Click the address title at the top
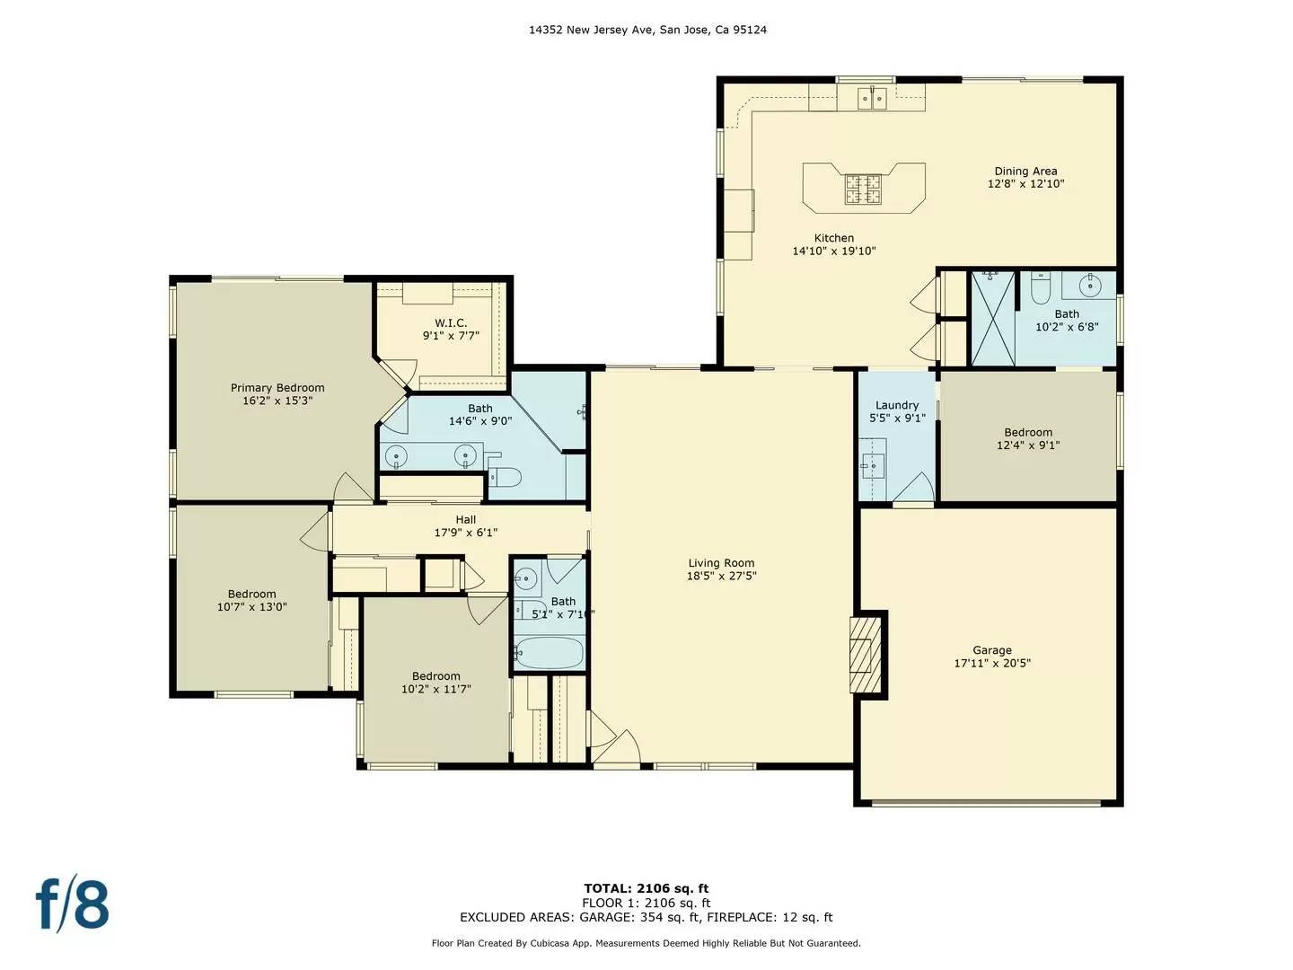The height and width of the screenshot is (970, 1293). click(646, 30)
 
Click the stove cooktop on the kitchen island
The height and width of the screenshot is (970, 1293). click(863, 189)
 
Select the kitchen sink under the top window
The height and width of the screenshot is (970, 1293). click(870, 98)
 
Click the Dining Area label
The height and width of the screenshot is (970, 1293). click(1025, 172)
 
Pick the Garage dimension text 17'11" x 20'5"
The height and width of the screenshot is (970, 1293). click(992, 664)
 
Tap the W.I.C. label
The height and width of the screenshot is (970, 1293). click(451, 323)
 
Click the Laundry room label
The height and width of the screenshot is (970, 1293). click(897, 405)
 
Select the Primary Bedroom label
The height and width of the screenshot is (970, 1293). click(277, 388)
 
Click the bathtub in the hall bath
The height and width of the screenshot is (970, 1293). click(549, 652)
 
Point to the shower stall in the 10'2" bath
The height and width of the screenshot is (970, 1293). click(993, 319)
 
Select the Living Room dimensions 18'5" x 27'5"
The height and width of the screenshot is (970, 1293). click(721, 577)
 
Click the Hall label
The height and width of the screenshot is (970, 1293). click(465, 520)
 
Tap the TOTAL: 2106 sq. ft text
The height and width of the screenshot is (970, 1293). click(646, 889)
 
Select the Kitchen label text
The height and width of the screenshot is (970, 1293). click(833, 238)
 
